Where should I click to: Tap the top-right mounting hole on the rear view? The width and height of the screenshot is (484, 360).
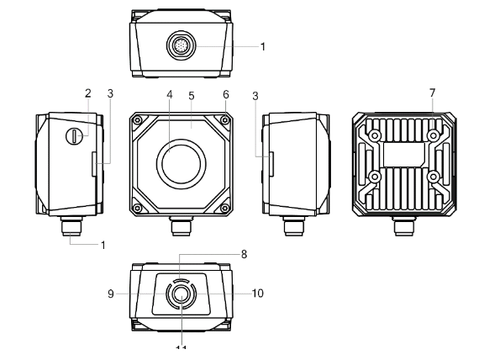coord(433,135)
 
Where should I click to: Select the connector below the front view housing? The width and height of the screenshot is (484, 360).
coord(180,226)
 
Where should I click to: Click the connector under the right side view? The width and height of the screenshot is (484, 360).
coord(294,226)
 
